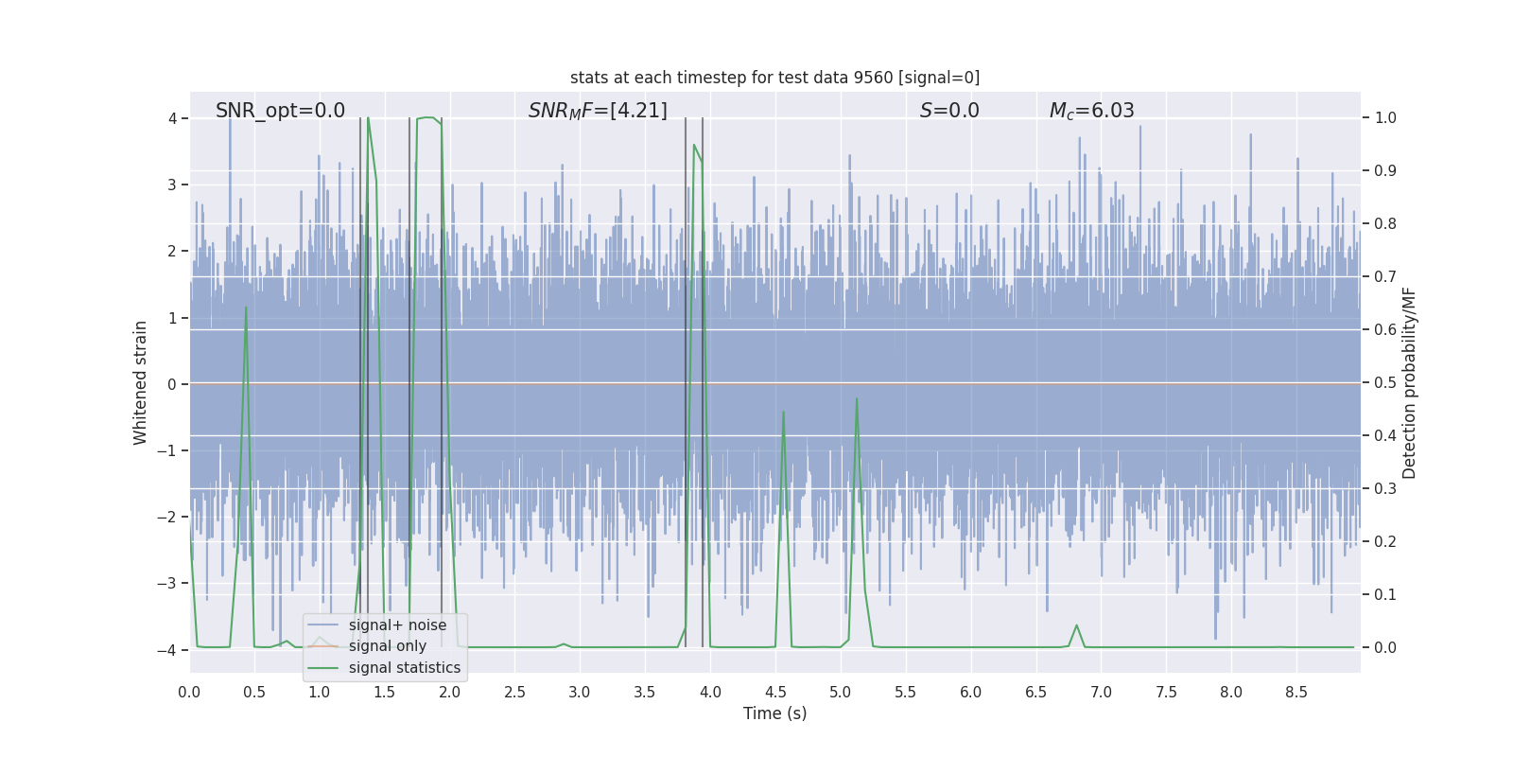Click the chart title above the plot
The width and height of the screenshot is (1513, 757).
pyautogui.click(x=774, y=78)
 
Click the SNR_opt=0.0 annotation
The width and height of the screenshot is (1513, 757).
pyautogui.click(x=280, y=111)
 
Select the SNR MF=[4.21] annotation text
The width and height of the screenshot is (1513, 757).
pyautogui.click(x=598, y=111)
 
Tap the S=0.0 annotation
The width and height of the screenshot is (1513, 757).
pyautogui.click(x=949, y=111)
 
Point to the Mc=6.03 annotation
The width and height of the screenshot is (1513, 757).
pyautogui.click(x=1091, y=111)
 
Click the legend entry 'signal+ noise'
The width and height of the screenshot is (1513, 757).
pyautogui.click(x=397, y=625)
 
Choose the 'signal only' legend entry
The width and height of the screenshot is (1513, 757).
pyautogui.click(x=387, y=646)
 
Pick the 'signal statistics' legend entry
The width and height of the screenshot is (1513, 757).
pyautogui.click(x=404, y=668)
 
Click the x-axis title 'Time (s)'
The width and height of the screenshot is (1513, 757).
pyautogui.click(x=774, y=713)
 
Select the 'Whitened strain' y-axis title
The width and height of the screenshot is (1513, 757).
pyautogui.click(x=141, y=382)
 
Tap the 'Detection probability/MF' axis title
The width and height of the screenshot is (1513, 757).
pyautogui.click(x=1409, y=382)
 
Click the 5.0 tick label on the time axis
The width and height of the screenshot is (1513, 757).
pyautogui.click(x=840, y=693)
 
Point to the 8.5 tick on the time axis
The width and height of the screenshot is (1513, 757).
pyautogui.click(x=1296, y=693)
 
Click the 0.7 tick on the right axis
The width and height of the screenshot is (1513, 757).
pyautogui.click(x=1385, y=277)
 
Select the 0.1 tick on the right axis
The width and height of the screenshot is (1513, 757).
pyautogui.click(x=1385, y=595)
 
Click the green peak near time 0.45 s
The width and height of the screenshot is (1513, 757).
pyautogui.click(x=246, y=308)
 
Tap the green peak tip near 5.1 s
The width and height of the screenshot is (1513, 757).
pyautogui.click(x=857, y=399)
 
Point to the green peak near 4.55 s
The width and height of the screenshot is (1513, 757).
pyautogui.click(x=783, y=413)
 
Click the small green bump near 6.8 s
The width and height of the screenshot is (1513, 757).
pyautogui.click(x=1076, y=625)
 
